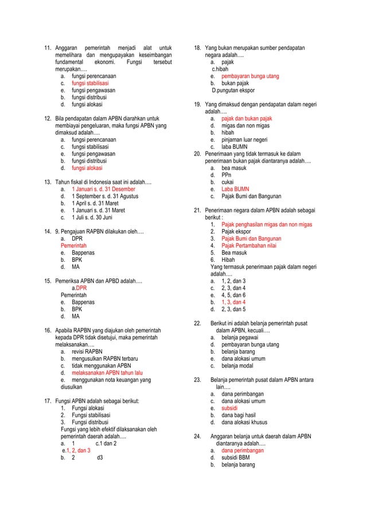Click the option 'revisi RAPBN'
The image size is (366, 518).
coord(87,343)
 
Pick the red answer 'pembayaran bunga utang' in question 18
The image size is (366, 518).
coord(250,76)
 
